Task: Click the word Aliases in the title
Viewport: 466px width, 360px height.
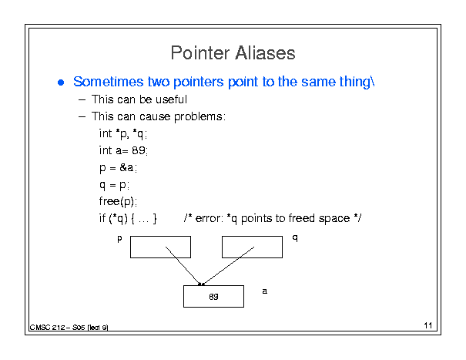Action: click(x=265, y=53)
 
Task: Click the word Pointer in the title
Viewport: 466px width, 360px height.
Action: click(x=200, y=53)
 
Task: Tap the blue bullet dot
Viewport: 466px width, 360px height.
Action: click(x=61, y=82)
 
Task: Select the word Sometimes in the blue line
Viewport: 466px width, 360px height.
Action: click(x=108, y=82)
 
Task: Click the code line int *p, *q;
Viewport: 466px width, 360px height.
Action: click(x=123, y=133)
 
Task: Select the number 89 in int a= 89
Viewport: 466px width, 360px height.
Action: click(x=139, y=150)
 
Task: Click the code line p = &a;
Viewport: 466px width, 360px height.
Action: click(x=118, y=168)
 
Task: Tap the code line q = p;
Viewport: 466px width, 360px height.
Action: click(x=114, y=185)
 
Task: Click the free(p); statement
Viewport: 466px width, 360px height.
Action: click(x=118, y=201)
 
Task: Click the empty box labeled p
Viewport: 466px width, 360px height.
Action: click(x=160, y=247)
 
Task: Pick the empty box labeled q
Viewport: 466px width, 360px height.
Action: click(x=252, y=247)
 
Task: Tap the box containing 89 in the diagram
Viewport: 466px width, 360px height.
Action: click(x=213, y=296)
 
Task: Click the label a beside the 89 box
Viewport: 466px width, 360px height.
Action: click(x=264, y=291)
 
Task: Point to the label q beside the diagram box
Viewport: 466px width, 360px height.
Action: click(x=295, y=237)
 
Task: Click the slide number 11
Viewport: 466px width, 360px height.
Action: click(x=428, y=325)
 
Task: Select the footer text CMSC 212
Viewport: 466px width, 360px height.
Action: click(x=47, y=328)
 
